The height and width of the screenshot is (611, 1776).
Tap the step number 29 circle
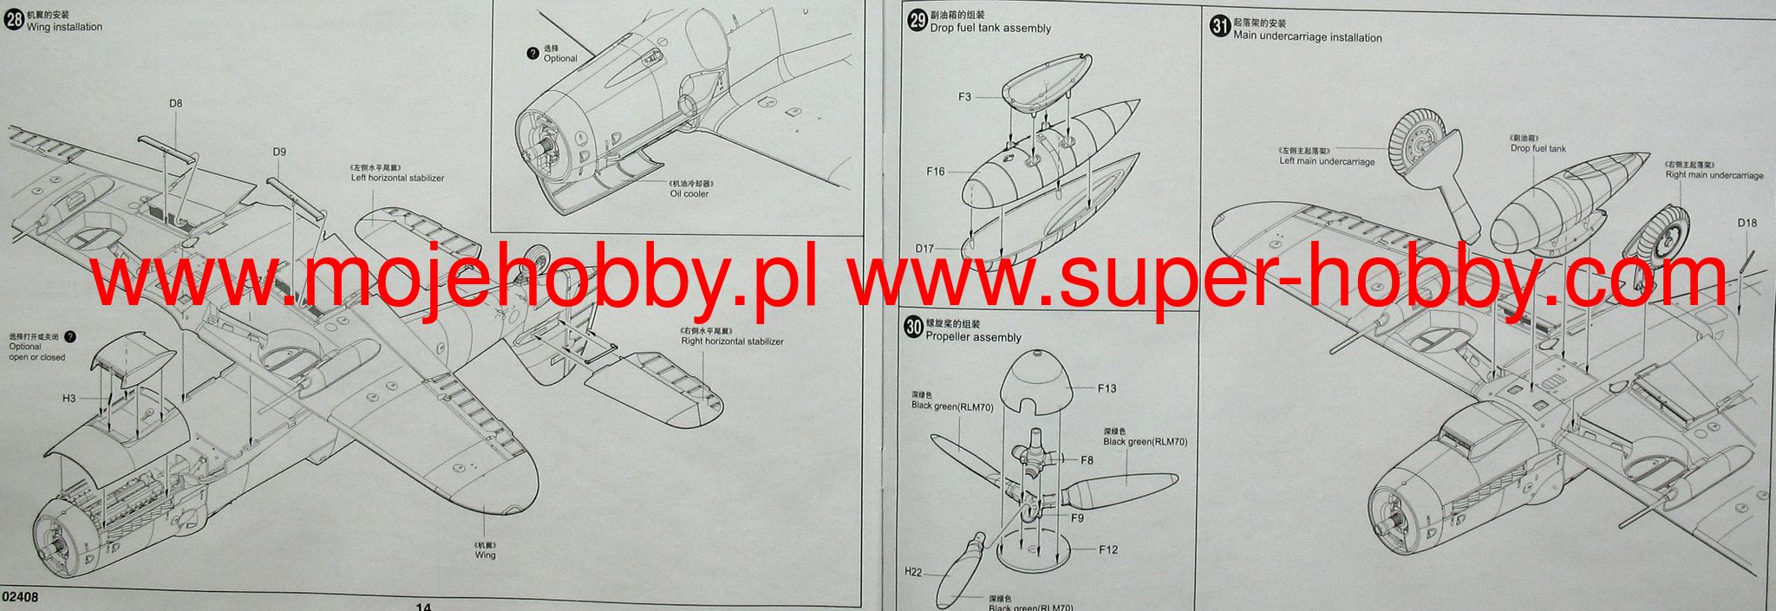tap(917, 22)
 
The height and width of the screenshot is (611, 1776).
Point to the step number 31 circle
tap(1220, 27)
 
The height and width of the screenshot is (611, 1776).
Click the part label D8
tap(176, 103)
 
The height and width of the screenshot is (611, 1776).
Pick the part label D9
tap(279, 152)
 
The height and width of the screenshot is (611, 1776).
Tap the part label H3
tap(69, 399)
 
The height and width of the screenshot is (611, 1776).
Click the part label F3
tap(964, 97)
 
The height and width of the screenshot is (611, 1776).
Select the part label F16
tap(936, 172)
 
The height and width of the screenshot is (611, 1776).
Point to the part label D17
tap(925, 249)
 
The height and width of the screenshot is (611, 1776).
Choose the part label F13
tap(1107, 388)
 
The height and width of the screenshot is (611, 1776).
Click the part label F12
tap(1107, 549)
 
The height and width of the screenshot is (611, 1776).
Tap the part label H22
tap(913, 572)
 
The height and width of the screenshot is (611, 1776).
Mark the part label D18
tap(1747, 223)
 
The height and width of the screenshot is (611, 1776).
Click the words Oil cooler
tap(689, 193)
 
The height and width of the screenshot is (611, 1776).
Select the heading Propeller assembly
tap(973, 337)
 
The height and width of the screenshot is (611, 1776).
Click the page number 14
tap(423, 606)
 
